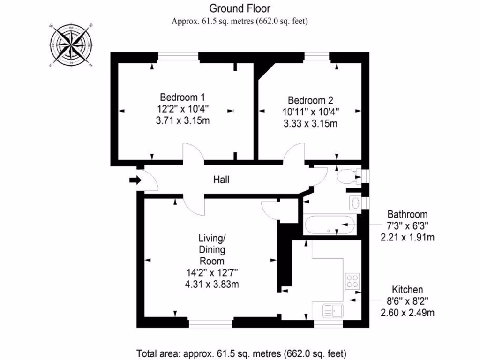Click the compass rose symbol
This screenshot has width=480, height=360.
click(x=70, y=45)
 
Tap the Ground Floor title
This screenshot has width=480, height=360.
click(x=240, y=8)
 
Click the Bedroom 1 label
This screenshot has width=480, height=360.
click(x=182, y=97)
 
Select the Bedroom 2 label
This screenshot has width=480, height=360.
click(x=310, y=100)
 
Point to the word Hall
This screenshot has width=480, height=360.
click(x=221, y=180)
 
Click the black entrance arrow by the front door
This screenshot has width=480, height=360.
click(x=135, y=180)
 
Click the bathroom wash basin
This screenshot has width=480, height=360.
click(x=356, y=203)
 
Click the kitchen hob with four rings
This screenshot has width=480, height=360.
click(x=352, y=281)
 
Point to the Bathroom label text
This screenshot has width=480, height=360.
click(x=407, y=214)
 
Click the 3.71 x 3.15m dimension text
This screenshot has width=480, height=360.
click(x=182, y=120)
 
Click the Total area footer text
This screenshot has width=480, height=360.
click(x=241, y=352)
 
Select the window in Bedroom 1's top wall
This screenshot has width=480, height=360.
click(x=178, y=56)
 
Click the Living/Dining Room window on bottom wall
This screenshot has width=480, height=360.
click(x=211, y=323)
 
